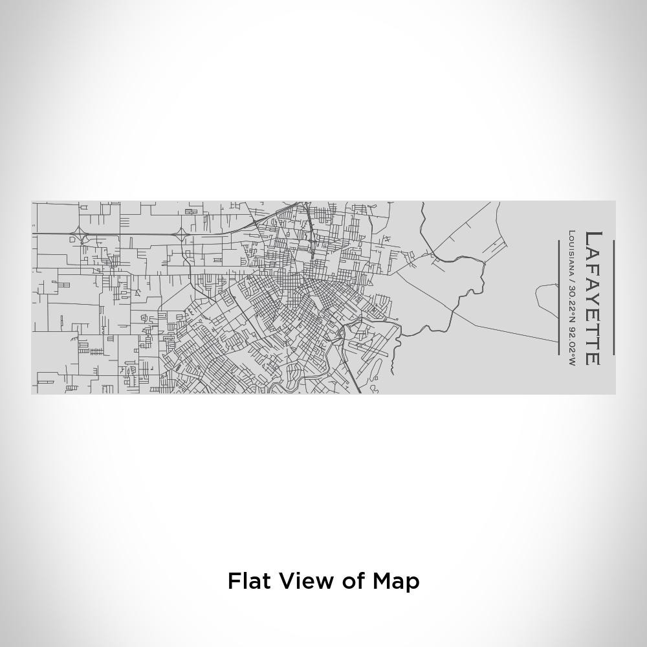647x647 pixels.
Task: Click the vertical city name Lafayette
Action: coord(593,298)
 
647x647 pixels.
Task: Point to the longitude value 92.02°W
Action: coord(571,344)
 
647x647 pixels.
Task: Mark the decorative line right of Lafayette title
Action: coord(613,298)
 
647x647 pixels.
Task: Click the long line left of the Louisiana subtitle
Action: coord(558,298)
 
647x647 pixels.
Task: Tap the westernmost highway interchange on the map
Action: coord(79,233)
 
